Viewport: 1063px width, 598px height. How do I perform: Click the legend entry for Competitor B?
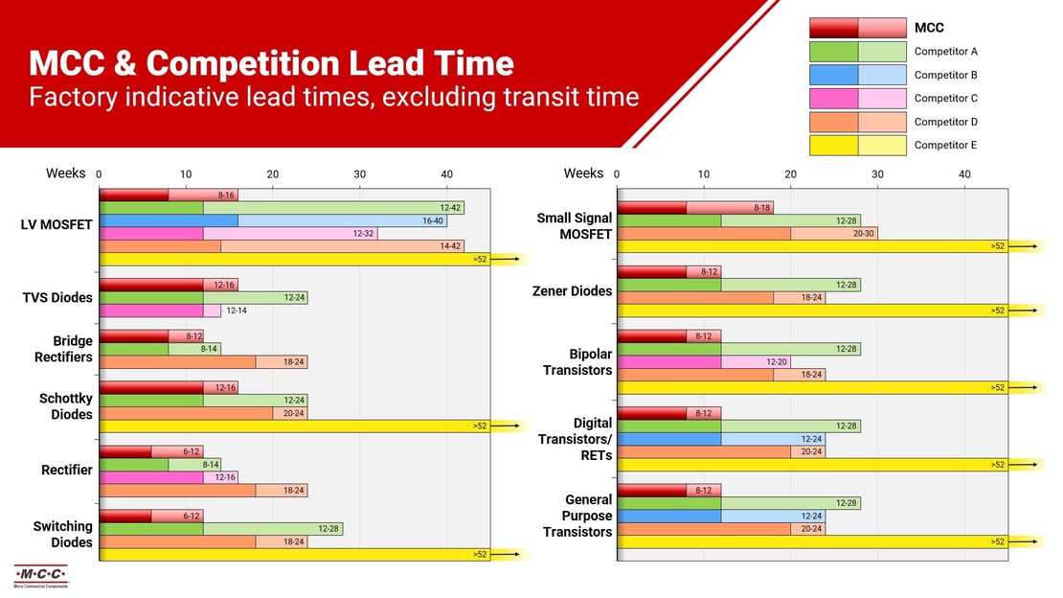coord(945,75)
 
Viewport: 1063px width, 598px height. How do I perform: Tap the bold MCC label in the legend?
coord(929,28)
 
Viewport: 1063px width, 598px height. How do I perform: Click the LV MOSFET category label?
coord(57,225)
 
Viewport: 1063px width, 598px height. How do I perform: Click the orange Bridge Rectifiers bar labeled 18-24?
coord(204,362)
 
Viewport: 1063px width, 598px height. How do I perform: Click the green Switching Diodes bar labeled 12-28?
coord(221,528)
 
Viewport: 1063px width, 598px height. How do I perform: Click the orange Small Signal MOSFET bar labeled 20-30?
coord(747,233)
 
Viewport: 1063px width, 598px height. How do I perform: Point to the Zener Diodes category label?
coord(572,291)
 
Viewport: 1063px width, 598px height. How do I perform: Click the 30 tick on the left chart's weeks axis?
coord(359,173)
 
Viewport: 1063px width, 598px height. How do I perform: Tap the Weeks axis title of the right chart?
coord(583,173)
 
